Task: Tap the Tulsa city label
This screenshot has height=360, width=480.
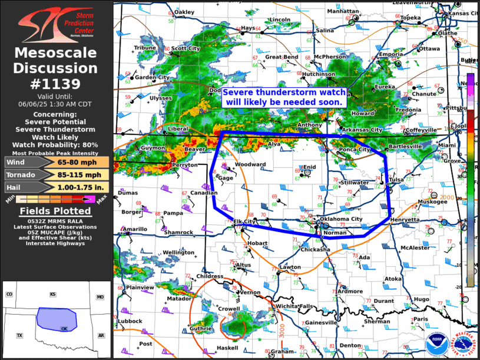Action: pos(397,180)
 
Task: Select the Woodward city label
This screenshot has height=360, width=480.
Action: pos(250,164)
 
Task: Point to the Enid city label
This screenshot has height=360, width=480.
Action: pos(310,167)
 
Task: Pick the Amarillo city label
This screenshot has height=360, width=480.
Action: pos(135,229)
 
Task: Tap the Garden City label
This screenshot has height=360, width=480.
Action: pos(152,77)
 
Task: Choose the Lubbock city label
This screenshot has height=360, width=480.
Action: pos(130,321)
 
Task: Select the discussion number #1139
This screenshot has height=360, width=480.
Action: pos(56,84)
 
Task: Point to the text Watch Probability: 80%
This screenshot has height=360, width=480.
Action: pos(57,144)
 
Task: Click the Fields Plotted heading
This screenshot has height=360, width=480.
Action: pos(56,211)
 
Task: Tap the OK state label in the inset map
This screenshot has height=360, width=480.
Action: pos(64,329)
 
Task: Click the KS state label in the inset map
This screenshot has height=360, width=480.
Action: pos(52,294)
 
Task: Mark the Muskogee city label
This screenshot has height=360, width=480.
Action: pos(432,202)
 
